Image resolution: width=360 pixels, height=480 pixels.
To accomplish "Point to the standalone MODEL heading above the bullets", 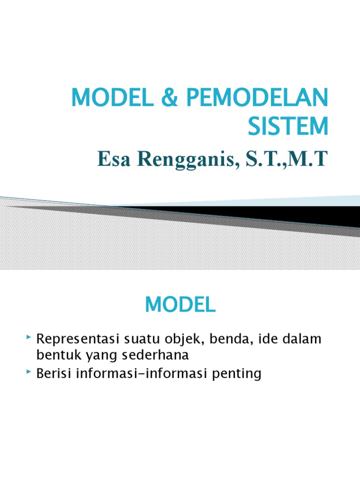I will (180, 305).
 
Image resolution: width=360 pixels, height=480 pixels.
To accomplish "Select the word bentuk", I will (56, 355).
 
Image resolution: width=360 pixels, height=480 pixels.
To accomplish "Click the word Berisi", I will (53, 374).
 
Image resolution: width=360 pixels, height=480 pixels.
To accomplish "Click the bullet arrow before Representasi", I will (29, 337).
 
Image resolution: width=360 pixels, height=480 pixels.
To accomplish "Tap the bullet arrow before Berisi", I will (29, 372).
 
